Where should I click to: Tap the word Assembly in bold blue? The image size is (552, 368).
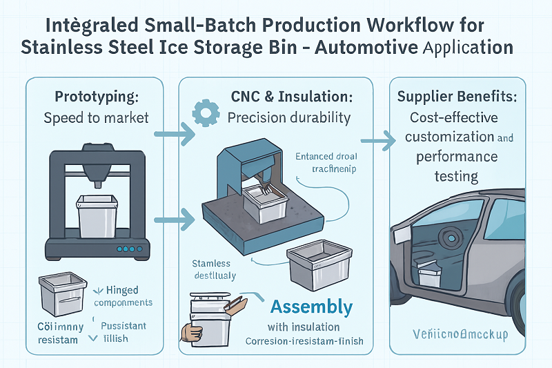[x=311, y=307]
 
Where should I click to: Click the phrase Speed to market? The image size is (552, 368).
[x=96, y=117]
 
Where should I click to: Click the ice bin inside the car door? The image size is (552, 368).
[x=430, y=277]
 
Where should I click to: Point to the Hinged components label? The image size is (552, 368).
[x=123, y=296]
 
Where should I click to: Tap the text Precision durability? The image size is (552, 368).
[x=289, y=117]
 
